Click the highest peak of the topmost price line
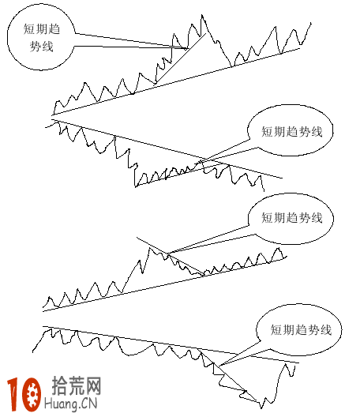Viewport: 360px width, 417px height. pos(203,15)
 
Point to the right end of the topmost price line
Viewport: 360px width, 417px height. pos(311,24)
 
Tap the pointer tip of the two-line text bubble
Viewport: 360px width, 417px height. pos(189,49)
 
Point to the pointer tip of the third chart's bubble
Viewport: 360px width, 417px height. pos(167,254)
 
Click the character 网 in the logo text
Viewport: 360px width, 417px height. pos(94,386)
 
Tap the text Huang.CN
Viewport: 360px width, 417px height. pos(77,404)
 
